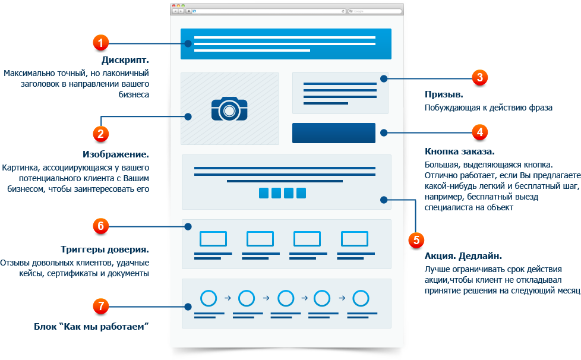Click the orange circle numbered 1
click(100, 43)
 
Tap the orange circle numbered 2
click(100, 134)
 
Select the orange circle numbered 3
click(480, 77)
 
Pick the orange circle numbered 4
click(480, 132)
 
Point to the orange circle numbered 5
click(416, 240)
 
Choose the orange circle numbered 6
click(100, 226)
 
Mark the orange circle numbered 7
click(100, 307)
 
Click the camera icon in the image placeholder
click(229, 109)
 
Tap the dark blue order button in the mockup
click(333, 133)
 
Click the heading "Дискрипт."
click(125, 60)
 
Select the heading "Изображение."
click(116, 154)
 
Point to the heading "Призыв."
click(444, 94)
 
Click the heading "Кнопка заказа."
click(459, 151)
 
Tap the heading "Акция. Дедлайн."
click(463, 256)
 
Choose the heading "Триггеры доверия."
click(105, 250)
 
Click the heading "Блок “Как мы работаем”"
click(91, 327)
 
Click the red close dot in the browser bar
click(174, 6)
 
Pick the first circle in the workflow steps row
click(209, 298)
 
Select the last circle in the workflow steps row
click(361, 298)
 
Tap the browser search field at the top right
click(375, 11)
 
